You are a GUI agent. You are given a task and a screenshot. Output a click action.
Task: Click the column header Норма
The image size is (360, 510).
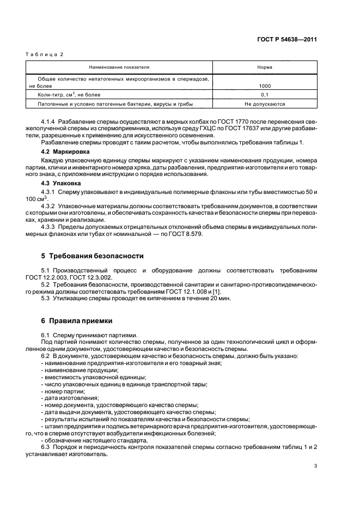point(265,67)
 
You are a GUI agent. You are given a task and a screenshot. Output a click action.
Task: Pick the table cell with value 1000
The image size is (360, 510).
point(265,86)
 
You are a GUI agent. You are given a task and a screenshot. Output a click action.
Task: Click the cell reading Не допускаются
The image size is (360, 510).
point(265,103)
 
